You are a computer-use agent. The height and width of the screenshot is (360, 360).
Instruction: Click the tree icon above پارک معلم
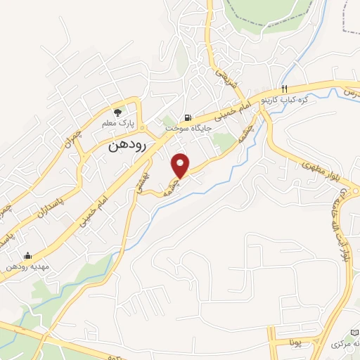[x=118, y=112]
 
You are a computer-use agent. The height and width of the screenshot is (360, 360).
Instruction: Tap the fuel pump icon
[x=186, y=118]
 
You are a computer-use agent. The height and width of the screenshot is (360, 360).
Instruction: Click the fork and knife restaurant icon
[x=284, y=89]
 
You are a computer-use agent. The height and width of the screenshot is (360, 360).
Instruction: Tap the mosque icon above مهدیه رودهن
[x=27, y=255]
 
